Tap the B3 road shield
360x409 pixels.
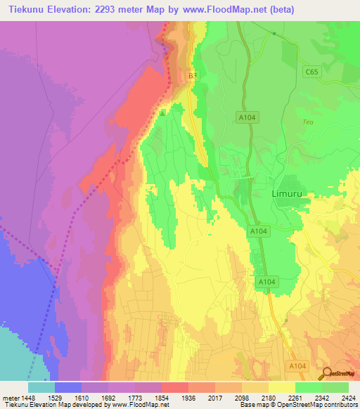point(192,74)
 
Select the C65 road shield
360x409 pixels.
point(311,72)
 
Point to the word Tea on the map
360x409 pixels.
point(307,122)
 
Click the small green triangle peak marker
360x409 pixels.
point(162,112)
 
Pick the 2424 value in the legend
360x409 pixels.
point(347,396)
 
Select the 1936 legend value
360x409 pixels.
point(188,396)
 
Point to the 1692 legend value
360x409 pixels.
point(109,396)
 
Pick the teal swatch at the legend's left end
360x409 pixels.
point(41,387)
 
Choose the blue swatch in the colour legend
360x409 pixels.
point(67,387)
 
